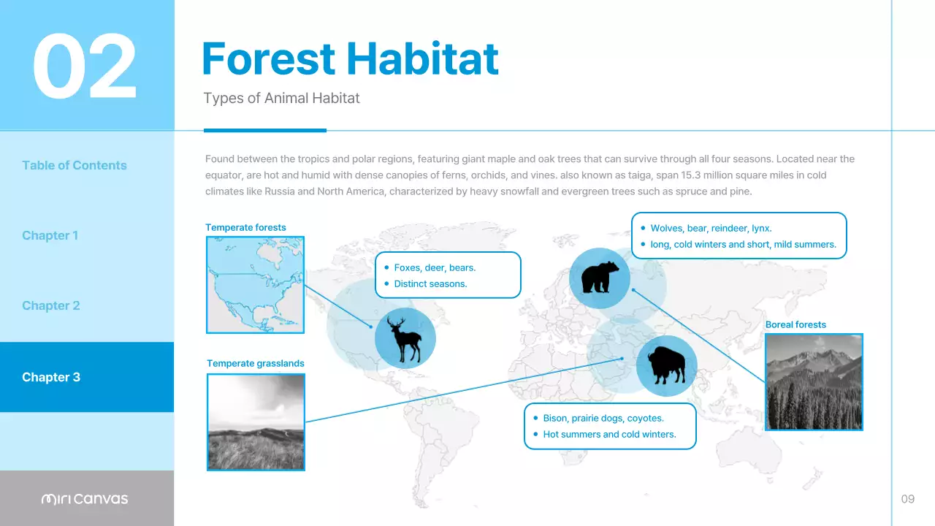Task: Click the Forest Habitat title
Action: point(350,58)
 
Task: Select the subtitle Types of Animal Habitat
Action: point(281,98)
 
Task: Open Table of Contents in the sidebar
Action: point(75,165)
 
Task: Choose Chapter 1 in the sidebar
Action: point(50,235)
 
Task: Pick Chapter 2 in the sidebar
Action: point(50,305)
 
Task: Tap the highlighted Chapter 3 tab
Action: point(51,377)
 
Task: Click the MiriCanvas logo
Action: point(85,499)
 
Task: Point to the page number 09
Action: point(907,499)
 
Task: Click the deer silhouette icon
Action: point(405,338)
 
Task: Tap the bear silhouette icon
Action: point(600,278)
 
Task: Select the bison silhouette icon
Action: point(666,365)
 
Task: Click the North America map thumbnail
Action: point(255,285)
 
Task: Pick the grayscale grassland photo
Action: point(256,422)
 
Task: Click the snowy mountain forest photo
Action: point(814,381)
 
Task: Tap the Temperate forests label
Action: point(245,227)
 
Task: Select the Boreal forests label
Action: point(795,324)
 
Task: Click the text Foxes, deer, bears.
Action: point(435,267)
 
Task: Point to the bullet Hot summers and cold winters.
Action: point(609,434)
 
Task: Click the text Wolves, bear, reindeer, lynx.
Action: point(711,228)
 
